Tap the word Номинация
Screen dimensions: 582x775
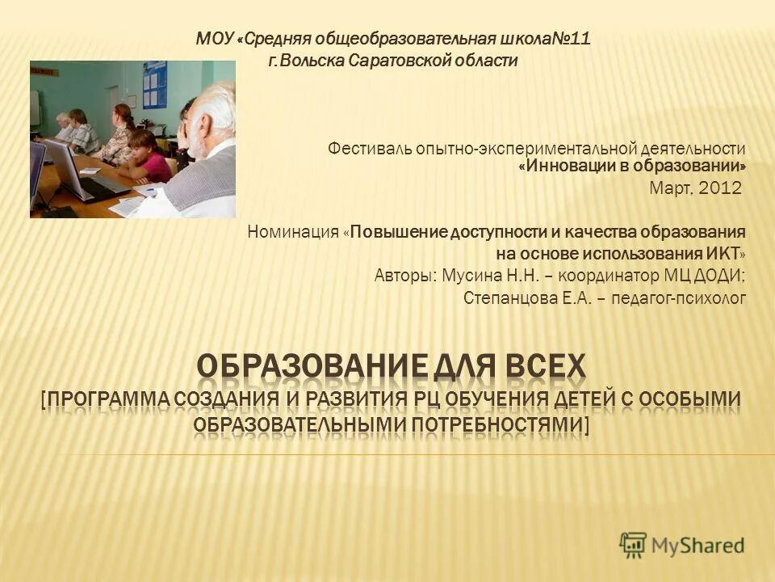click(x=293, y=233)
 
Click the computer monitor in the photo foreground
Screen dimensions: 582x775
click(x=65, y=166)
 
